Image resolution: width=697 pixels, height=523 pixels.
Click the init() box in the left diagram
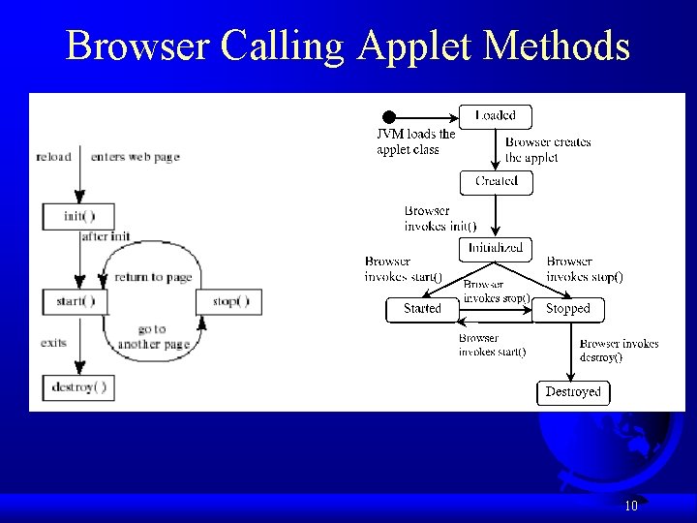[77, 216]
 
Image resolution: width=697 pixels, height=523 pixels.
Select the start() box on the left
[76, 301]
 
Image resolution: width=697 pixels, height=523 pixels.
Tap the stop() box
[229, 301]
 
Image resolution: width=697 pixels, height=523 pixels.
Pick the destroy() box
[77, 388]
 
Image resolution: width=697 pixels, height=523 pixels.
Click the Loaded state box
[496, 115]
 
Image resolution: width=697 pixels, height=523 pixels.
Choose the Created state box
[496, 181]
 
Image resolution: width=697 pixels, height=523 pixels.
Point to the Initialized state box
[496, 248]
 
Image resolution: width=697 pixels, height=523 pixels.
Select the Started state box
[422, 309]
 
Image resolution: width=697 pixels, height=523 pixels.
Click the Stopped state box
[567, 309]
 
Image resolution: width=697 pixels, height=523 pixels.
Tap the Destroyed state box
[573, 392]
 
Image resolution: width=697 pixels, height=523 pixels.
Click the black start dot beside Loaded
[389, 117]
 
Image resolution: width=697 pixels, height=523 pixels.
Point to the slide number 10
[631, 506]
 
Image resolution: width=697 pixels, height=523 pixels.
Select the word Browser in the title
[138, 46]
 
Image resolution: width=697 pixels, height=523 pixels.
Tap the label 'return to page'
[153, 277]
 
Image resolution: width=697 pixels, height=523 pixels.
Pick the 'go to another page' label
[152, 337]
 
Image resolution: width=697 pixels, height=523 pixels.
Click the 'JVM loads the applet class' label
[415, 141]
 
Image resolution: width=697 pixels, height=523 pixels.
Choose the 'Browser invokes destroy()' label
[619, 350]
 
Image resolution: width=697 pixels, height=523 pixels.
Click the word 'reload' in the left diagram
[53, 157]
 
